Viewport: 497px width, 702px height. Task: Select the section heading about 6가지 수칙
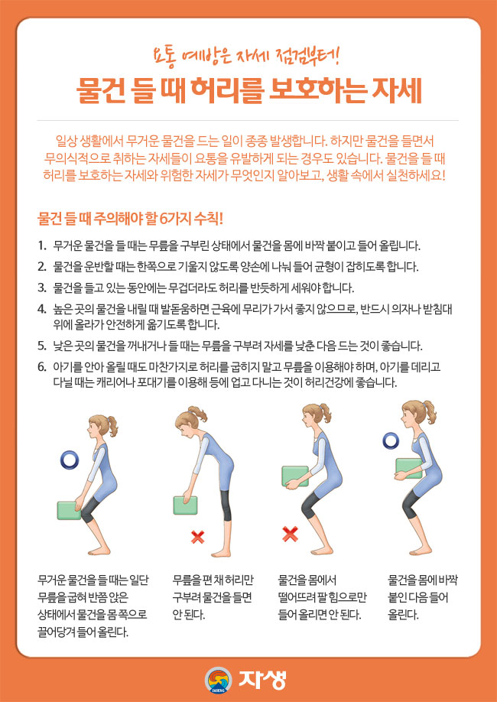(131, 218)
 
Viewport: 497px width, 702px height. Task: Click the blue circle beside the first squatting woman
(70, 460)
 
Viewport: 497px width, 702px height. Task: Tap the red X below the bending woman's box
(197, 538)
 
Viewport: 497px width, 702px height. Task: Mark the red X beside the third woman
(290, 534)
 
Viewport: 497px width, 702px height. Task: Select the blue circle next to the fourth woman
(391, 439)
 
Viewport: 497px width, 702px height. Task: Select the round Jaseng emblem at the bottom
(218, 679)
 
